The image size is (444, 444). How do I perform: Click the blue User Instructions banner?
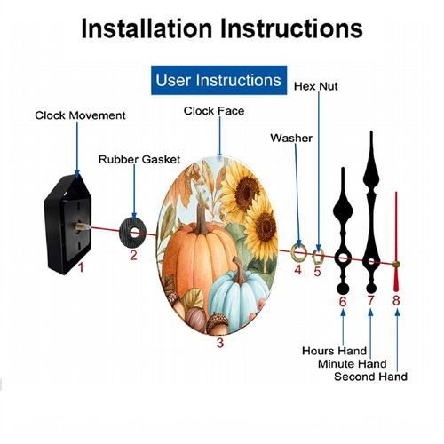click(218, 80)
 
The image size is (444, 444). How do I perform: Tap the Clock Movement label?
click(80, 115)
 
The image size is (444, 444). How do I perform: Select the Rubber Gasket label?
click(139, 160)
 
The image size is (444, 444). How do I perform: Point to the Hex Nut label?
click(315, 86)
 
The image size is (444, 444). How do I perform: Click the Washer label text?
click(291, 138)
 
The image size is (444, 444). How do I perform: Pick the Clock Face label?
click(214, 111)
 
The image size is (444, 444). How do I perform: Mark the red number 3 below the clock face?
click(220, 343)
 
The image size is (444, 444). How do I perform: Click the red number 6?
click(343, 302)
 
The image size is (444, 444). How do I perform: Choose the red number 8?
click(396, 300)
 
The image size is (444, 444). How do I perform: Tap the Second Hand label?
click(370, 377)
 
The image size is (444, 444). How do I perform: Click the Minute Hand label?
click(353, 364)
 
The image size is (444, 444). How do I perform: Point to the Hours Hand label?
click(334, 351)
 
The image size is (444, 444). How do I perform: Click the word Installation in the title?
click(147, 28)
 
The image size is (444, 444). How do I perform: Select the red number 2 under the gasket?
click(133, 256)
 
